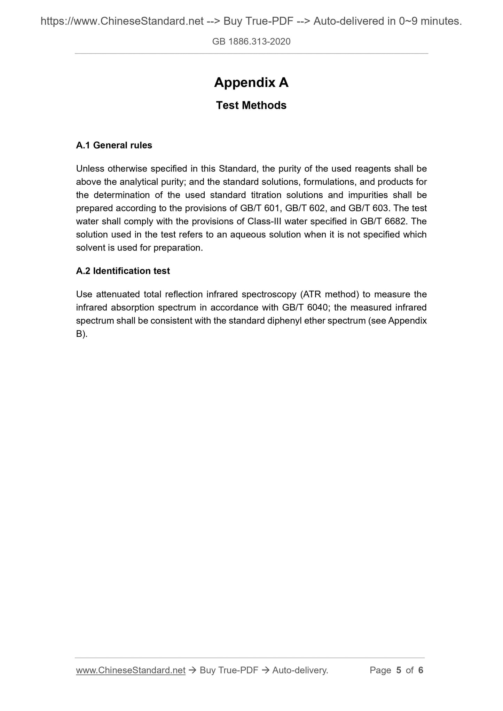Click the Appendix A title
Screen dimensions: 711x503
tap(251, 82)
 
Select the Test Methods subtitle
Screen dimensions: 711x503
tap(251, 105)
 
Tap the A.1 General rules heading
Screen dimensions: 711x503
tap(114, 145)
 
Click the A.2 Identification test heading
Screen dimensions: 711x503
tap(123, 271)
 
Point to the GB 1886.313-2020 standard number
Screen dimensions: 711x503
tap(251, 42)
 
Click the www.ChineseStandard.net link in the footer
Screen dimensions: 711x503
tap(131, 670)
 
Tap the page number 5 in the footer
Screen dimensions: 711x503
tap(399, 670)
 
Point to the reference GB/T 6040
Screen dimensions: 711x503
tap(304, 308)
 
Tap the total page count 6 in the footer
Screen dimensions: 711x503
tap(421, 670)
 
